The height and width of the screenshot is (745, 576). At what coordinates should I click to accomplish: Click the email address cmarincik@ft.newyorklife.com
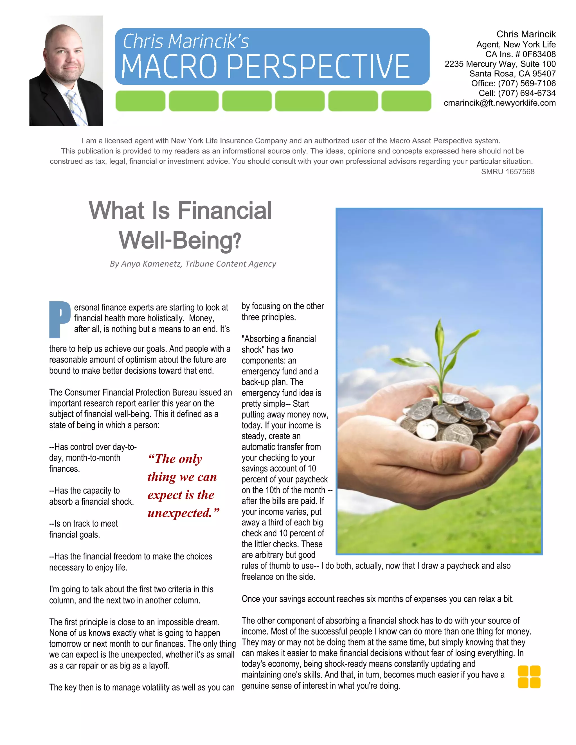tap(499, 103)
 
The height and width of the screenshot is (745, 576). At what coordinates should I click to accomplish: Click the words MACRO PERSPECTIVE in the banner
tap(265, 67)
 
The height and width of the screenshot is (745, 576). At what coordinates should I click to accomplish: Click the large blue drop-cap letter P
tap(59, 319)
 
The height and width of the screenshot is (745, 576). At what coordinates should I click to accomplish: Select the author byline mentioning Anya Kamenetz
tap(193, 264)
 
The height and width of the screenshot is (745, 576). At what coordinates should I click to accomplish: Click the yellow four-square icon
tap(529, 676)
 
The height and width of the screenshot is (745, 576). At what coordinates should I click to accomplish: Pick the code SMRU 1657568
tap(507, 171)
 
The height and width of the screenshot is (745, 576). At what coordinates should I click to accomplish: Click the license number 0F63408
tap(539, 54)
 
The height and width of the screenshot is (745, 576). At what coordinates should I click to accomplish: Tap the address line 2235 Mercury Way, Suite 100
tap(500, 64)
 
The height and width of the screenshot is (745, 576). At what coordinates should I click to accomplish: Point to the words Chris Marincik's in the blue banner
tap(186, 42)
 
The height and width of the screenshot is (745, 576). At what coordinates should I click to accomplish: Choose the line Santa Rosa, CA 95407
tap(512, 74)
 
